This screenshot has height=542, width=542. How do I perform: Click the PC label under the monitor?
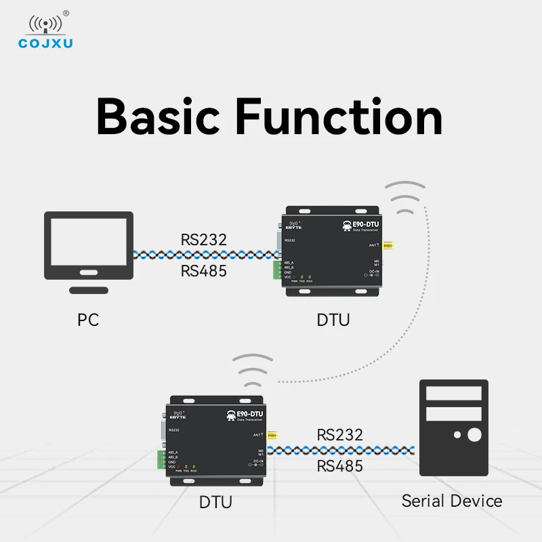click(88, 319)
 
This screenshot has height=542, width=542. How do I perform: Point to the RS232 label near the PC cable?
click(203, 240)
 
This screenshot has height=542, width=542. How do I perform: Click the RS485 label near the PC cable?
click(203, 272)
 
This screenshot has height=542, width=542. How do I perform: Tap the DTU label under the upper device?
click(333, 319)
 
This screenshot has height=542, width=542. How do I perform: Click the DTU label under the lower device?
click(215, 502)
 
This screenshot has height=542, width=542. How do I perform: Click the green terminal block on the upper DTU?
click(276, 270)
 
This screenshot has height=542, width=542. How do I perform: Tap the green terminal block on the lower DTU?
click(160, 458)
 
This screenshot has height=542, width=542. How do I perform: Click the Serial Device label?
click(452, 501)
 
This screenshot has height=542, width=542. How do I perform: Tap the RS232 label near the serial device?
click(340, 434)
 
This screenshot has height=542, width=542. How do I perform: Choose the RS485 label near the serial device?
click(340, 465)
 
